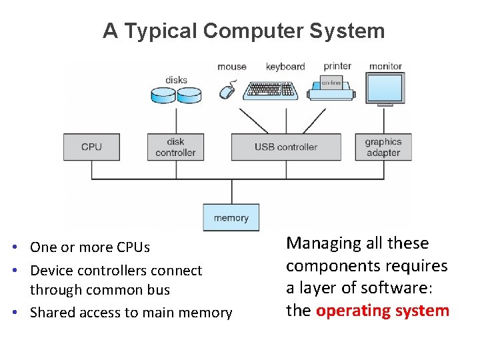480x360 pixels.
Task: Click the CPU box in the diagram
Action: (91, 147)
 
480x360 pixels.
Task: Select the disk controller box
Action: (176, 147)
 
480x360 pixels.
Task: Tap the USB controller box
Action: (286, 147)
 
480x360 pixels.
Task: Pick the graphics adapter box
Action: (383, 147)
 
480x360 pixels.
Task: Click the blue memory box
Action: (231, 218)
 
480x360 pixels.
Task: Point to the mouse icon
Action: (228, 90)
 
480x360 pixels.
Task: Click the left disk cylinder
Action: (163, 95)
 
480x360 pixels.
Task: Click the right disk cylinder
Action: (189, 95)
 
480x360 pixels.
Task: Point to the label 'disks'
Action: (176, 80)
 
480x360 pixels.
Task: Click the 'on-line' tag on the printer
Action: (331, 83)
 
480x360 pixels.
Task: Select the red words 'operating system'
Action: (383, 311)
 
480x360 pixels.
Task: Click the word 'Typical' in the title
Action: (163, 31)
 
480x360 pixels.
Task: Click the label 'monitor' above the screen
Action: (385, 66)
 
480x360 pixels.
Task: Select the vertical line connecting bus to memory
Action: (231, 191)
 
